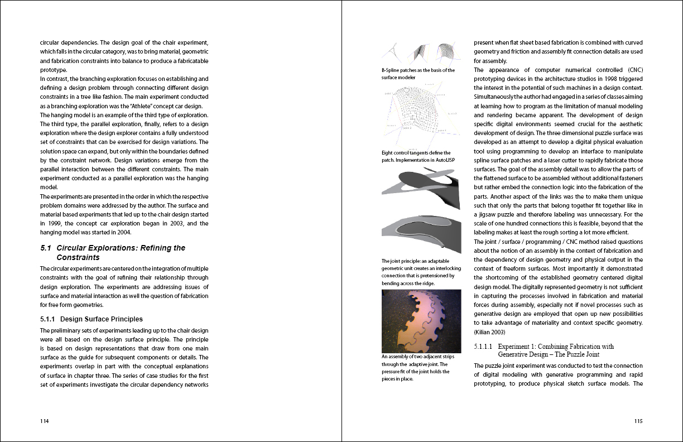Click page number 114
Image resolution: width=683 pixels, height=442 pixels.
(x=44, y=421)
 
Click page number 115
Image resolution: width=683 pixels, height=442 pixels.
(x=638, y=421)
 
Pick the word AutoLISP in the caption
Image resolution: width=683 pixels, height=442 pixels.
(x=441, y=160)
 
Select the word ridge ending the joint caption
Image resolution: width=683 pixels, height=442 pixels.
(x=427, y=283)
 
